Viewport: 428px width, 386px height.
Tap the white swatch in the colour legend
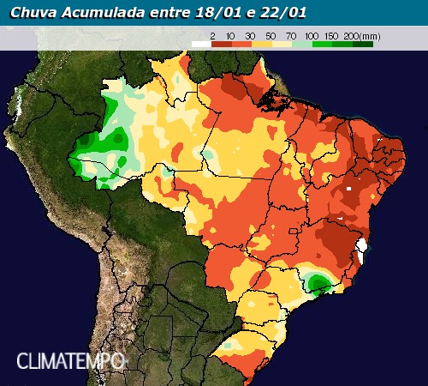click(x=200, y=43)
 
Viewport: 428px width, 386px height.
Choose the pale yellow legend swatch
click(x=281, y=43)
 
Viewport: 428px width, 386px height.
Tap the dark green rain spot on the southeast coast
click(x=319, y=282)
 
